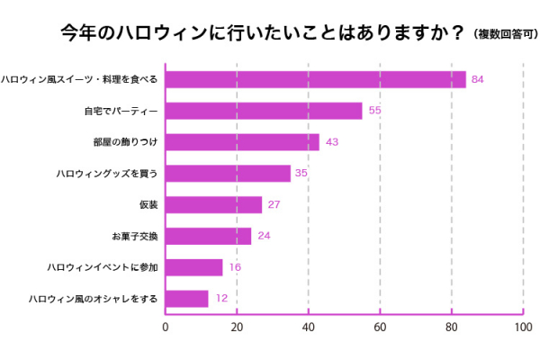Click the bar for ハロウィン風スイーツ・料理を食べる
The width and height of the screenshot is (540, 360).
(315, 79)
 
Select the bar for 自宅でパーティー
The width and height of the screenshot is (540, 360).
(264, 111)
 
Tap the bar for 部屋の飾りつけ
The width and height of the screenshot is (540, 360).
(242, 142)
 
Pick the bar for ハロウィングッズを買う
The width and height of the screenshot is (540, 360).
(228, 173)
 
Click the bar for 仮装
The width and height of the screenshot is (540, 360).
(213, 204)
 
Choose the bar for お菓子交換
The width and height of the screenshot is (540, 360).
(208, 236)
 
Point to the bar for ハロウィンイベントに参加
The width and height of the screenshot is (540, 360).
(193, 267)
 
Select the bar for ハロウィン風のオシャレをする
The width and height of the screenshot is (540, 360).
(186, 298)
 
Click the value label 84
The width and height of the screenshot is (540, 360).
(478, 80)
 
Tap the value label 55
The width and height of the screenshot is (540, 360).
(375, 111)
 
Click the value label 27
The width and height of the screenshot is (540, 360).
(274, 205)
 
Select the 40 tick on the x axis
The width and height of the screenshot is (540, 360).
(308, 328)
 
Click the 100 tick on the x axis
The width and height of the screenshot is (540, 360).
(522, 328)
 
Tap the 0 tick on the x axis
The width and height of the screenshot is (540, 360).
(166, 328)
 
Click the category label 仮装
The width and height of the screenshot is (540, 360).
(148, 204)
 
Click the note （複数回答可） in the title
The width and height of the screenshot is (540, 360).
(499, 33)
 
